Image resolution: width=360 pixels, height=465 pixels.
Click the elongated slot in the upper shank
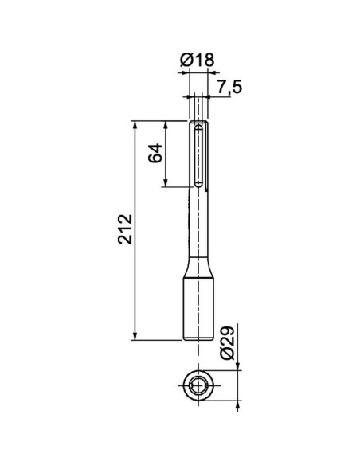(196, 155)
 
